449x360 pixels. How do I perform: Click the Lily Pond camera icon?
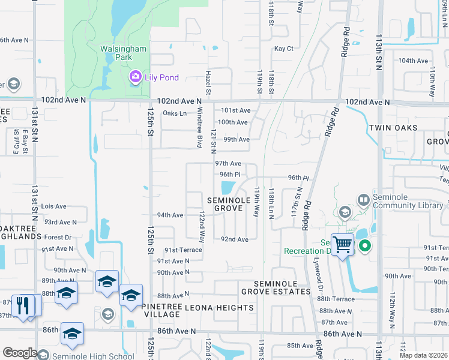click(135, 76)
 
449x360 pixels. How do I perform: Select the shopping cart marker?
click(342, 244)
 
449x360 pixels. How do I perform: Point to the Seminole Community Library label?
click(403, 201)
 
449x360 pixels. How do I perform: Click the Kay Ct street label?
click(283, 49)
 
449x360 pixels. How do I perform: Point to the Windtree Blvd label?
click(199, 132)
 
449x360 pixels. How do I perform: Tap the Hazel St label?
click(208, 82)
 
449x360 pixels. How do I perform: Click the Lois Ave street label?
click(54, 206)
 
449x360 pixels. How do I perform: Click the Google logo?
click(20, 353)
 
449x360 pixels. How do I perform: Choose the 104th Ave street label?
click(414, 61)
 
